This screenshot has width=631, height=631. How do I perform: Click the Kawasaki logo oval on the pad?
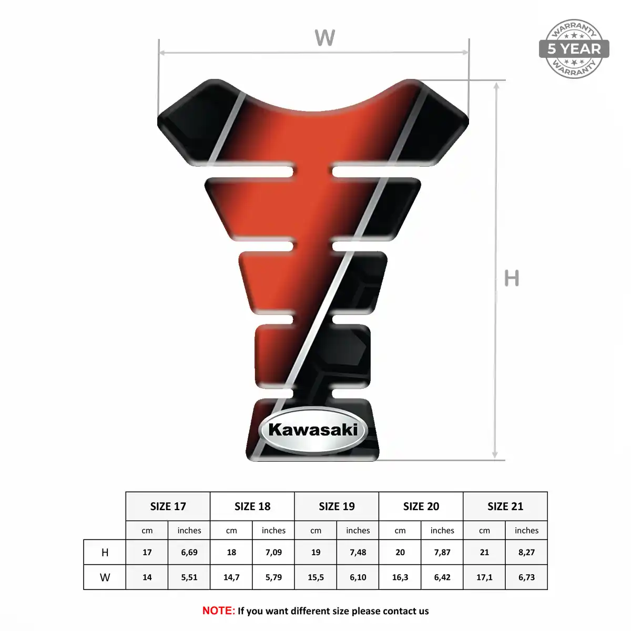[313, 431]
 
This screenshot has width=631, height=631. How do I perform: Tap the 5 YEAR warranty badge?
[574, 49]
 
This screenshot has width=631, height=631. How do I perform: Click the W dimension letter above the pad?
[324, 38]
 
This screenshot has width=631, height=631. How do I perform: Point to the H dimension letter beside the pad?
[512, 278]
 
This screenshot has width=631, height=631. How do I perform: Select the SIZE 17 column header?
[168, 506]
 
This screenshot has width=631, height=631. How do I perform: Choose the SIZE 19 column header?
[337, 506]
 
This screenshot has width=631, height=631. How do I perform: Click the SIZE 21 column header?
[505, 506]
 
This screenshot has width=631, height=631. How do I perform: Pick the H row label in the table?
[105, 553]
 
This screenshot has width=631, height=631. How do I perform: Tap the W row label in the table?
[105, 577]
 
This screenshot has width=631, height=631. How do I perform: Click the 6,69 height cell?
[189, 553]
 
